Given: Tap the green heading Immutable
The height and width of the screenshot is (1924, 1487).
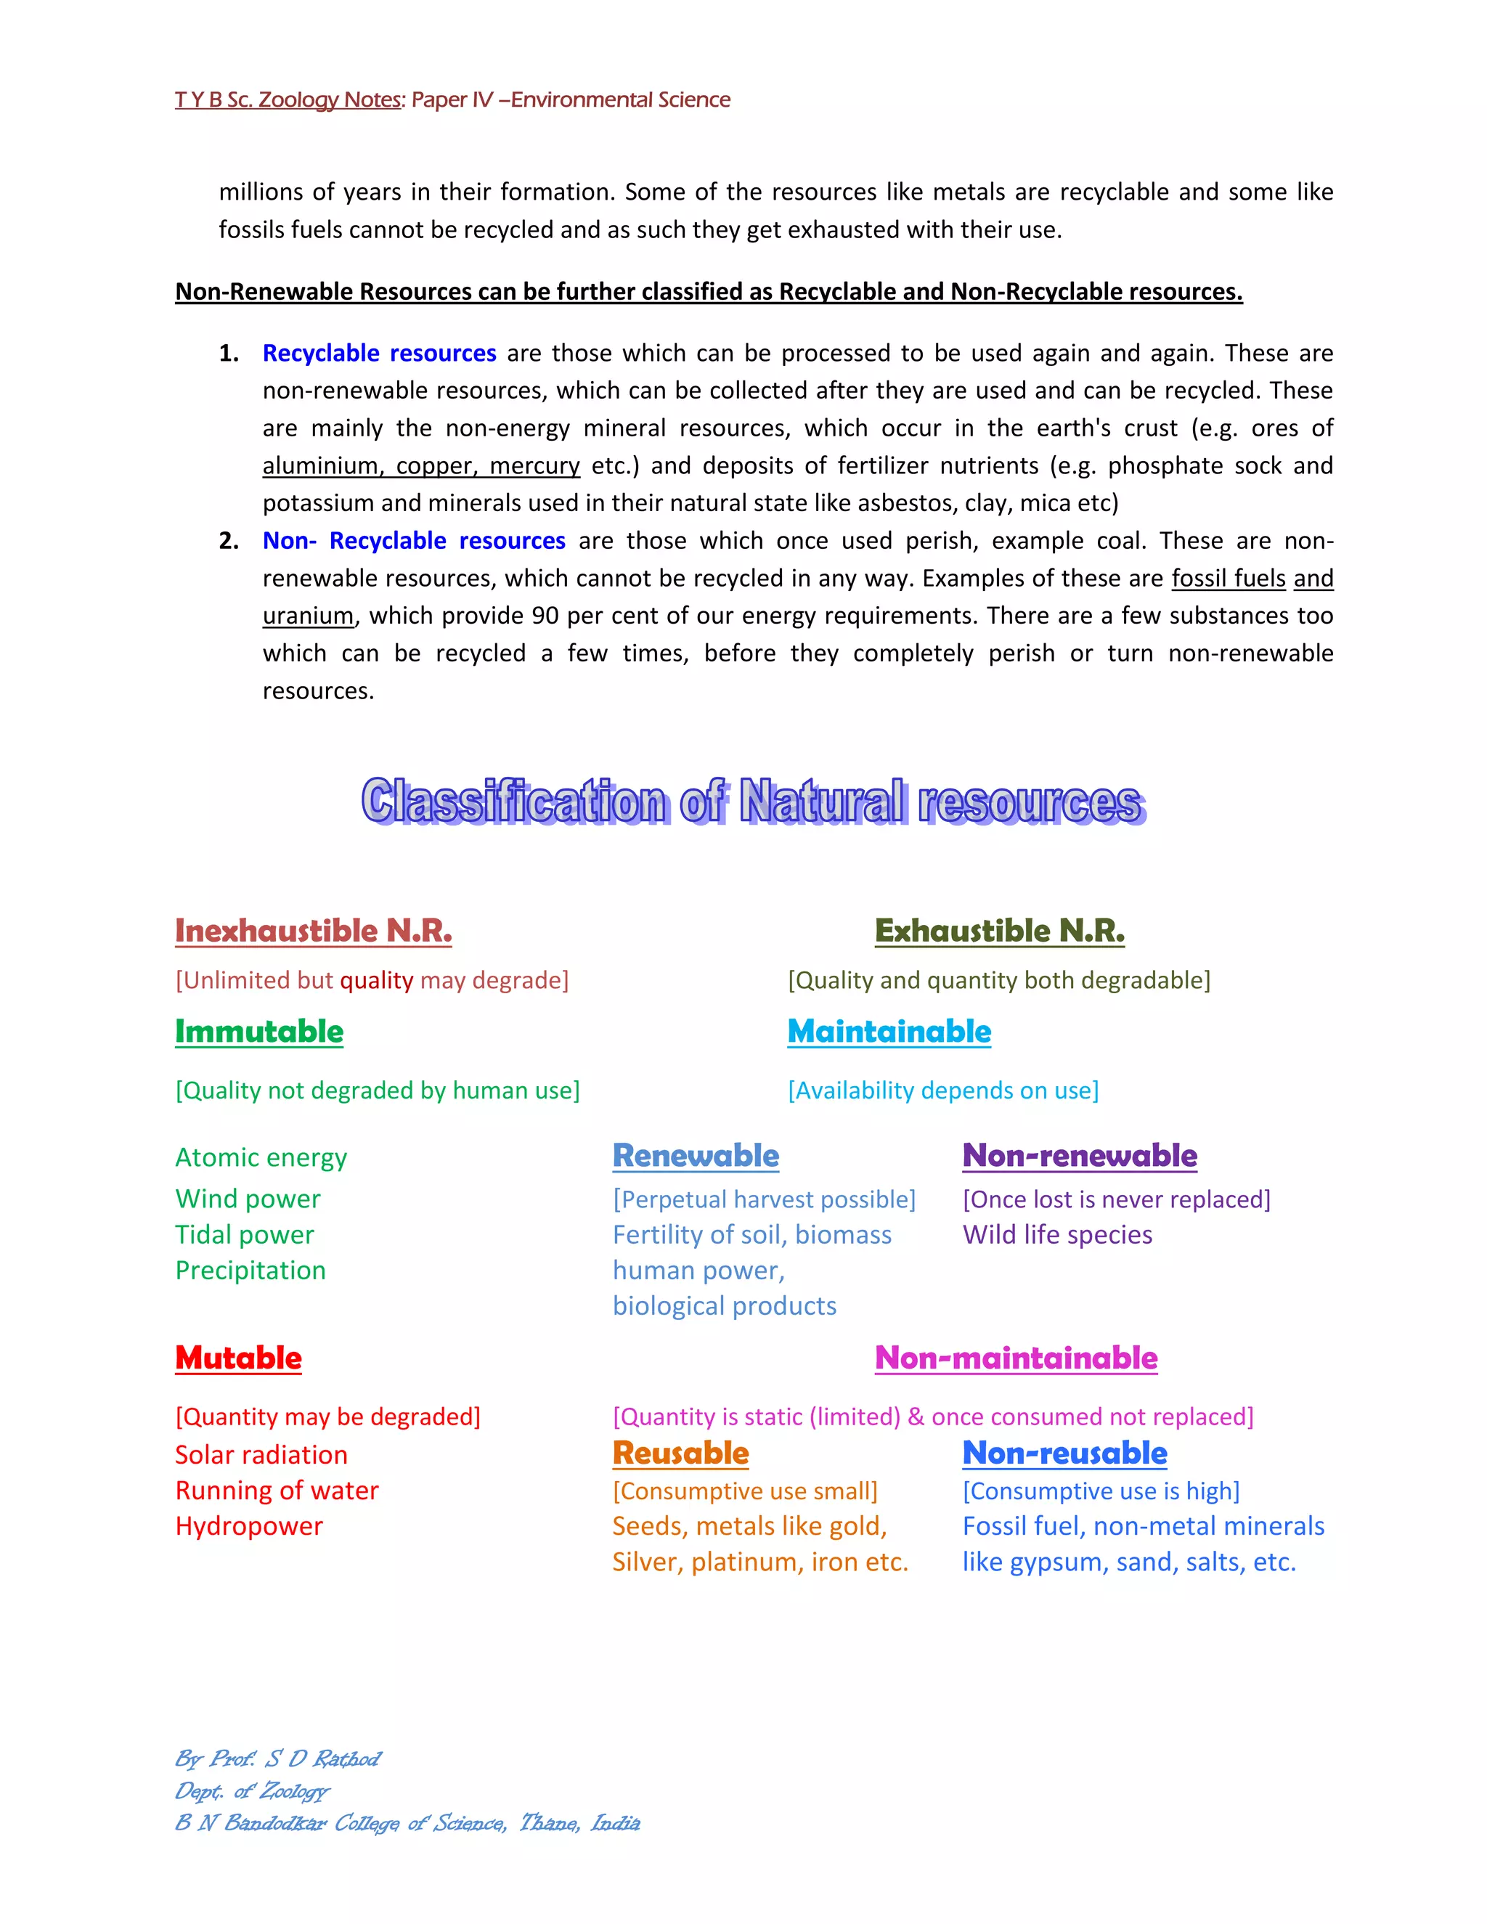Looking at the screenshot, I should (x=259, y=1031).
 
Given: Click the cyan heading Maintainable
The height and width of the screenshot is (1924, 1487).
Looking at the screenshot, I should (x=889, y=1031).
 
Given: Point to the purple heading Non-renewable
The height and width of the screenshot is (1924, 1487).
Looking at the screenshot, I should (x=1079, y=1155).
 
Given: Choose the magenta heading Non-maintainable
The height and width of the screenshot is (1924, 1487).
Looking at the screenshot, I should (x=1016, y=1358).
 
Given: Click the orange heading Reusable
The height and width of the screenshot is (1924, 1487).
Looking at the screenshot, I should (x=680, y=1453).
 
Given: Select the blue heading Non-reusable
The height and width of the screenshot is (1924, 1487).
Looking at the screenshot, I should (x=1064, y=1453).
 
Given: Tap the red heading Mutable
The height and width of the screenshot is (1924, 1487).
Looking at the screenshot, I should (x=238, y=1358).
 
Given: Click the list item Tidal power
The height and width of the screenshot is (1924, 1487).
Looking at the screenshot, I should (x=244, y=1234).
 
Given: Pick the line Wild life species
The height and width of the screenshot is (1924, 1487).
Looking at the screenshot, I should (x=1057, y=1234).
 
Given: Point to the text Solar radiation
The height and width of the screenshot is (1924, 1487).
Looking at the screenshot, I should (x=261, y=1454).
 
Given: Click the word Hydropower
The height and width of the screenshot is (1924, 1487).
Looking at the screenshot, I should (x=248, y=1526).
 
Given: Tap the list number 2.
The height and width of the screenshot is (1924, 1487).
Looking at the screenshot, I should (x=228, y=540).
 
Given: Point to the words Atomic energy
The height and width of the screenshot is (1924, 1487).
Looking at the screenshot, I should (x=261, y=1157).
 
